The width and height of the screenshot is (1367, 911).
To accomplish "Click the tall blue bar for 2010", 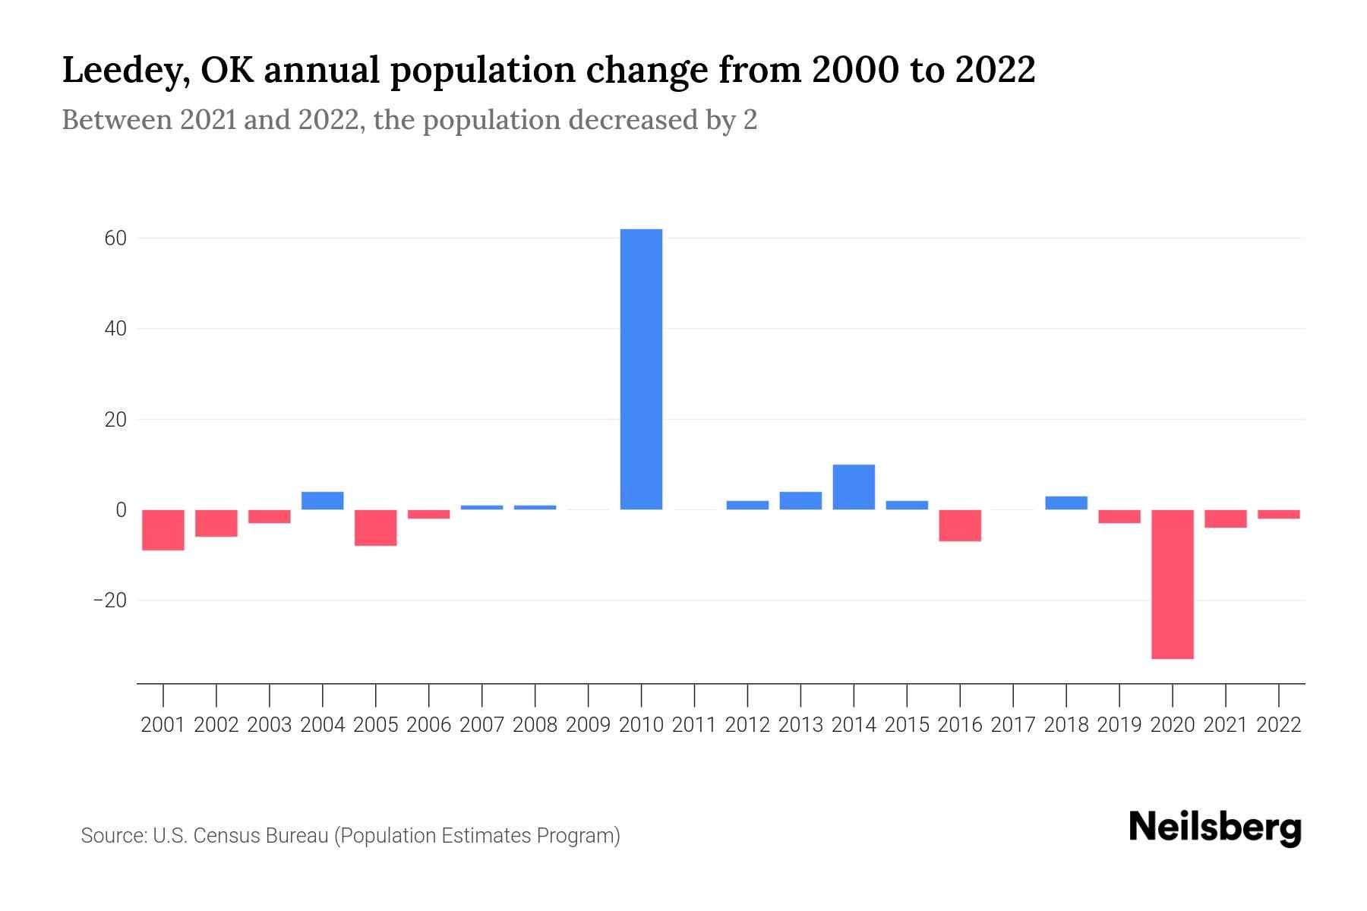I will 641,369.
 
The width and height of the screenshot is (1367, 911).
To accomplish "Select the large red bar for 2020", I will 1172,584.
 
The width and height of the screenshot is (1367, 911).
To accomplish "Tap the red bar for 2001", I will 163,530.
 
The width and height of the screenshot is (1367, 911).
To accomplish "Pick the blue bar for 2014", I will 854,487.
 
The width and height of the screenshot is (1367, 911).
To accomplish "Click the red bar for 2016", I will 960,525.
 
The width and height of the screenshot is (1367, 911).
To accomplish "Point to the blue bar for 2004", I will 323,500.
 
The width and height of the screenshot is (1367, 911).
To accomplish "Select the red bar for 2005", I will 376,528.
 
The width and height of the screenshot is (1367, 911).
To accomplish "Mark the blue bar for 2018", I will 1066,503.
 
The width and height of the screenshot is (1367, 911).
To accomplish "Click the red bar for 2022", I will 1278,514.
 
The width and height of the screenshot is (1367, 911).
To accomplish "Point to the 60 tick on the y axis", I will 115,238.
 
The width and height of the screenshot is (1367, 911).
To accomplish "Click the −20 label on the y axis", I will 110,601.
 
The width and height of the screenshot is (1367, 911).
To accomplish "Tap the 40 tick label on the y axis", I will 115,329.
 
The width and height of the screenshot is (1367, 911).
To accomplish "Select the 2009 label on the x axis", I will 588,725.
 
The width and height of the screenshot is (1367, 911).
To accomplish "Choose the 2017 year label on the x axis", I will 1012,725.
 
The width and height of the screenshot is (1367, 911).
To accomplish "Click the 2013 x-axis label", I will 800,725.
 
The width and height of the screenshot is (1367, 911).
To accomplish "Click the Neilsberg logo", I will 1214,828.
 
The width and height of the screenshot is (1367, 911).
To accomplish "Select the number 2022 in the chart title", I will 995,71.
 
